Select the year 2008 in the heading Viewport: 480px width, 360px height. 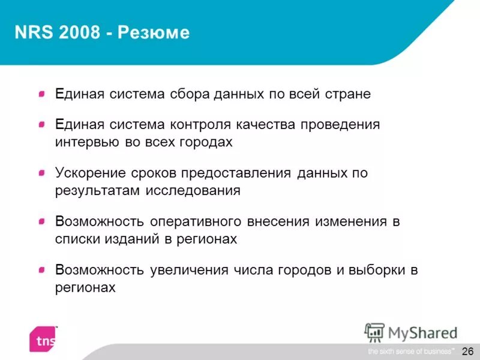pos(79,32)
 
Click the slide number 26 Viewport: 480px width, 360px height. pos(468,350)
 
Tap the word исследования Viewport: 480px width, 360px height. pos(192,191)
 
